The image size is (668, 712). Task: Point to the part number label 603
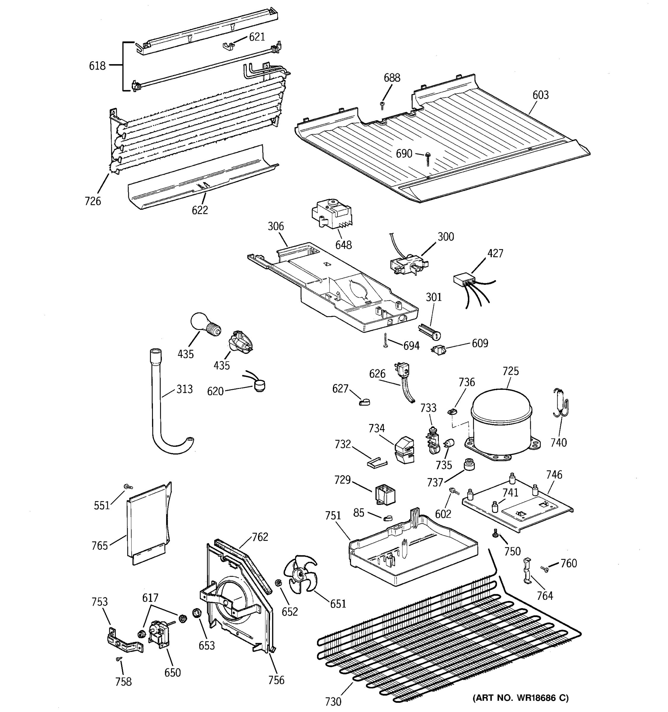point(540,95)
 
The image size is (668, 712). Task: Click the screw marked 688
point(382,105)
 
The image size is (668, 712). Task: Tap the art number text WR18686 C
point(520,698)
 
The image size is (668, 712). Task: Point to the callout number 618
point(97,66)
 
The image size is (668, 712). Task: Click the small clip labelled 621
point(228,46)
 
